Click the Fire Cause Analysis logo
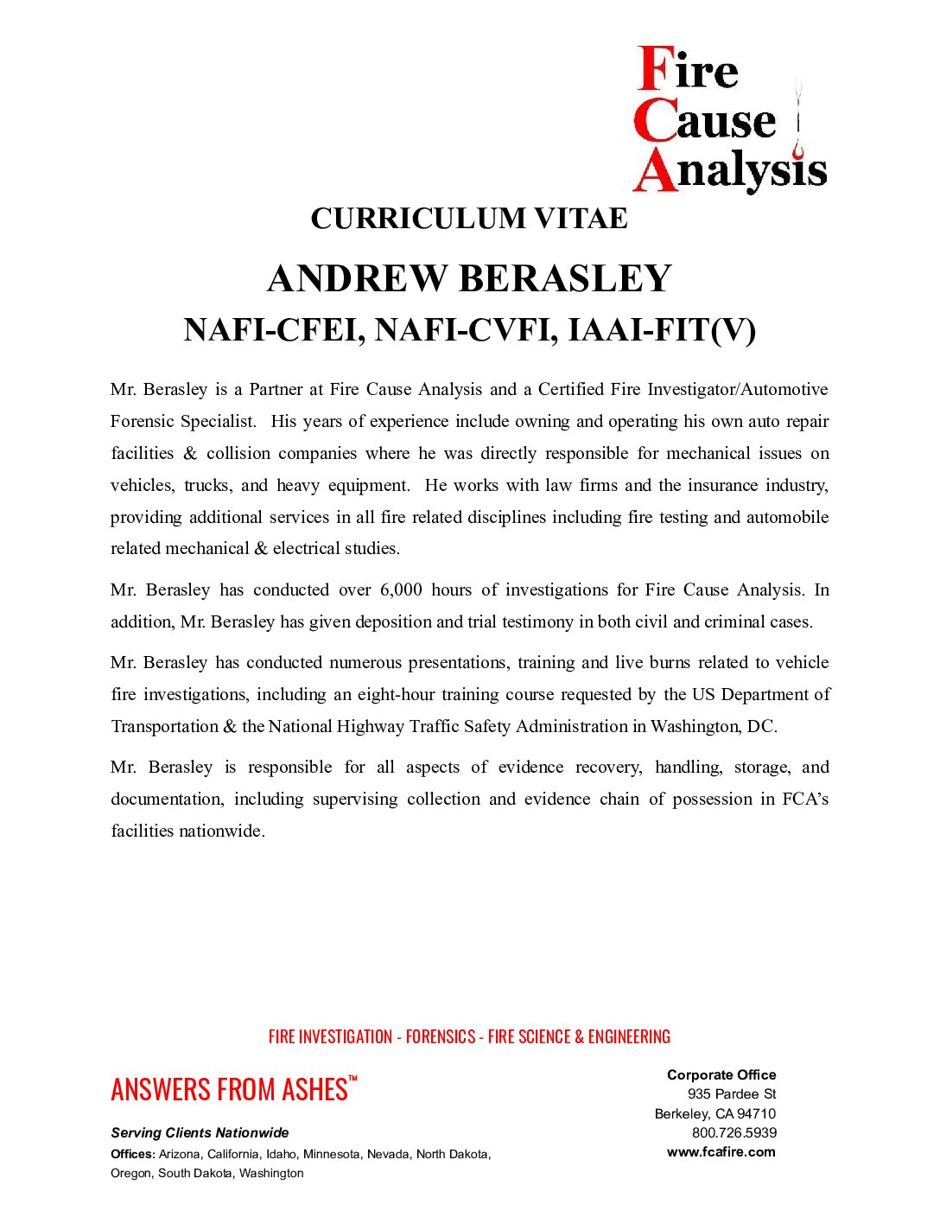(730, 119)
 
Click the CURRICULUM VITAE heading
(469, 219)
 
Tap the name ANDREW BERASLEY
(469, 279)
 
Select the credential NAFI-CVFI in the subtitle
(466, 330)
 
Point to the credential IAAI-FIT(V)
(661, 330)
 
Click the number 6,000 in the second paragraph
(401, 590)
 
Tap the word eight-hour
(396, 695)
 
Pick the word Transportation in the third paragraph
(164, 727)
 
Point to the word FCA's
(805, 800)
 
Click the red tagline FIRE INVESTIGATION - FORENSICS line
(469, 1036)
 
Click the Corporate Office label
(721, 1075)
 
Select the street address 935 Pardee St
(732, 1094)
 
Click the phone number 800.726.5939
(734, 1133)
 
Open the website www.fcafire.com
(721, 1152)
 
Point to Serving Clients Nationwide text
(200, 1133)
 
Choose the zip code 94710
(756, 1114)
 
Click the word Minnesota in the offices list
(332, 1154)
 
